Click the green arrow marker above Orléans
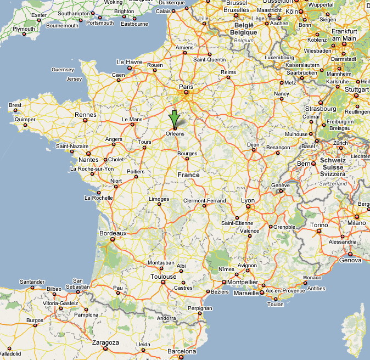(174, 118)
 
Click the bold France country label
(188, 175)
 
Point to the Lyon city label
(248, 201)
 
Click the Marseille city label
(246, 293)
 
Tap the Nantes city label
(88, 160)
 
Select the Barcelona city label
(181, 351)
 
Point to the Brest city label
(15, 105)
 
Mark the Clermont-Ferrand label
(204, 201)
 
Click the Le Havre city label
(130, 62)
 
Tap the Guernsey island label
(62, 70)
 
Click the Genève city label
(280, 185)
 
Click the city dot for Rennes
(86, 122)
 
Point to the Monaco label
(312, 278)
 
